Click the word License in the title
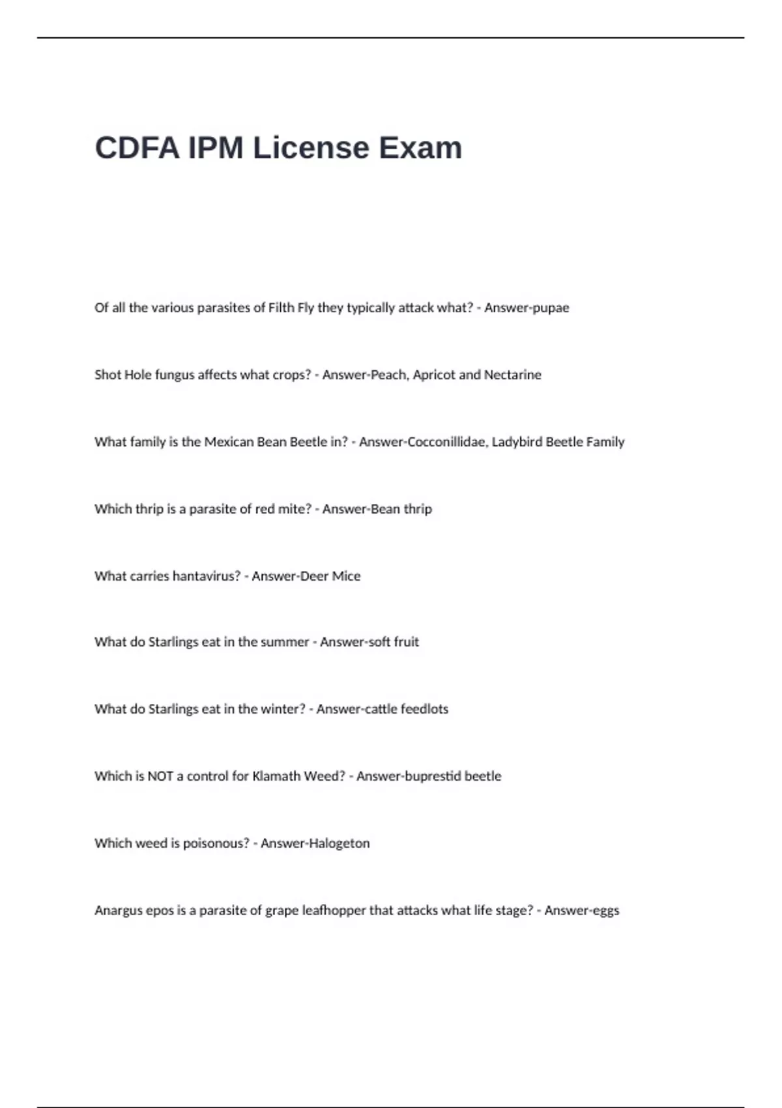pyautogui.click(x=310, y=148)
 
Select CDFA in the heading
pyautogui.click(x=137, y=148)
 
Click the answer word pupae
pyautogui.click(x=551, y=308)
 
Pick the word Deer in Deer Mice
pyautogui.click(x=314, y=576)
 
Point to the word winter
pyautogui.click(x=281, y=709)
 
